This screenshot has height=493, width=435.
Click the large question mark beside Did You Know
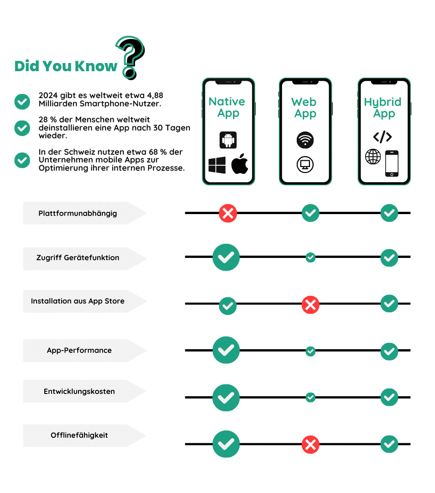click(x=131, y=57)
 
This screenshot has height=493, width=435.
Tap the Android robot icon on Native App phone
click(x=228, y=140)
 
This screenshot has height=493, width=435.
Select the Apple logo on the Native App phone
click(x=240, y=164)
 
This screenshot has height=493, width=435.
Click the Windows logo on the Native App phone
click(x=217, y=165)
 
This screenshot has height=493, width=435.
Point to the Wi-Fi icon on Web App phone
click(x=305, y=140)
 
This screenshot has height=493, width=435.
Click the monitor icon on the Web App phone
click(x=305, y=164)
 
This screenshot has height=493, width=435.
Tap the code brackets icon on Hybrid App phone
click(x=383, y=136)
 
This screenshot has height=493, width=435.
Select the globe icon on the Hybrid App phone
click(x=373, y=157)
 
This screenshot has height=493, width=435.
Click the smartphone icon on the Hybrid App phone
click(x=392, y=163)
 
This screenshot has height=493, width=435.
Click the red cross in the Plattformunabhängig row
click(x=228, y=213)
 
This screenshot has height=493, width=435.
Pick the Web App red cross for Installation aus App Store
click(x=310, y=304)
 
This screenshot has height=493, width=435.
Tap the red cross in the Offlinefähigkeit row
click(x=310, y=445)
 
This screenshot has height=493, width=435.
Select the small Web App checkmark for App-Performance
click(x=310, y=351)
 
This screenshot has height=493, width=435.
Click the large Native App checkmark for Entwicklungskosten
click(x=226, y=398)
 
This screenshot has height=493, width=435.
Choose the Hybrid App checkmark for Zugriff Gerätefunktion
click(x=389, y=258)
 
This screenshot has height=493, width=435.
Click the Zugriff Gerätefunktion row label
click(x=78, y=258)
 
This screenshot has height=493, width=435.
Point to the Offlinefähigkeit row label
click(x=79, y=435)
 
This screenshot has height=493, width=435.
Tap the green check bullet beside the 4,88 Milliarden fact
click(x=22, y=101)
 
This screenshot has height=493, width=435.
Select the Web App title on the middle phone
click(x=304, y=108)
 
